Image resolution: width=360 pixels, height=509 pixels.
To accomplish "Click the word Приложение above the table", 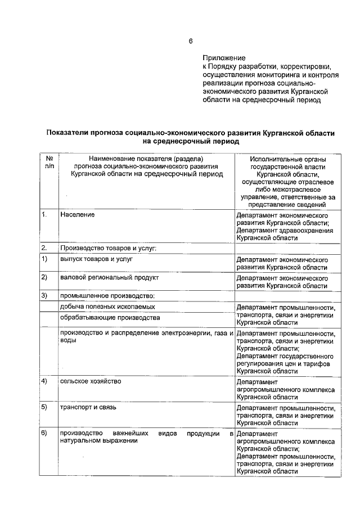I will pyautogui.click(x=224, y=58).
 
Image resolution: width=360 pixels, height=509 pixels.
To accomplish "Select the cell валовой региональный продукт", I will pyautogui.click(x=110, y=278).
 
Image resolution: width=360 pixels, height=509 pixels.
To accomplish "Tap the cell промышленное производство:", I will pyautogui.click(x=107, y=295).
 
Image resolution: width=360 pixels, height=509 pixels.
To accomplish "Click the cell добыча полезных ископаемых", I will pyautogui.click(x=107, y=307).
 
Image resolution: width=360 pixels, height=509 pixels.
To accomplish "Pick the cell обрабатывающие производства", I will pyautogui.click(x=106, y=318).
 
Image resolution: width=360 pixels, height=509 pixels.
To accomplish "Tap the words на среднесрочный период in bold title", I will pyautogui.click(x=191, y=142).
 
